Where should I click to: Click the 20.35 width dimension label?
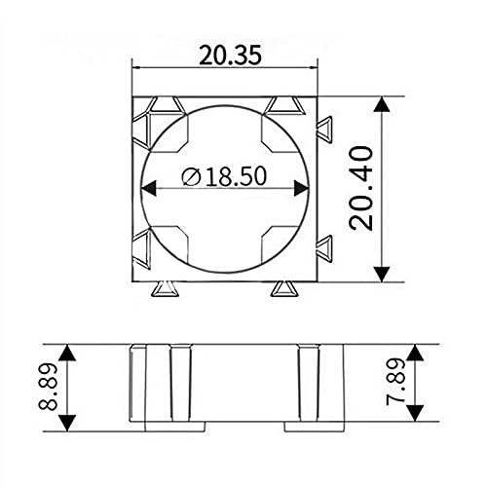pos(230,56)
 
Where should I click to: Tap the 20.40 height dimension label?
pos(360,189)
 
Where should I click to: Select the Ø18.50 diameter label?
pos(224,176)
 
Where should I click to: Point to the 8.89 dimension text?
pos(48,387)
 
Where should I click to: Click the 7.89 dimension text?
pos(395,382)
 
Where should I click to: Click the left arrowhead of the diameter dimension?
pos(149,188)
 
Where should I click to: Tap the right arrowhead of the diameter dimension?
pos(301,188)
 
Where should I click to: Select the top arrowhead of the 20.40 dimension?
pos(382,104)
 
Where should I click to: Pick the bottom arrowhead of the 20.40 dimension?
pos(382,274)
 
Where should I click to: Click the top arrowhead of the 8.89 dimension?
pos(67,353)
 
